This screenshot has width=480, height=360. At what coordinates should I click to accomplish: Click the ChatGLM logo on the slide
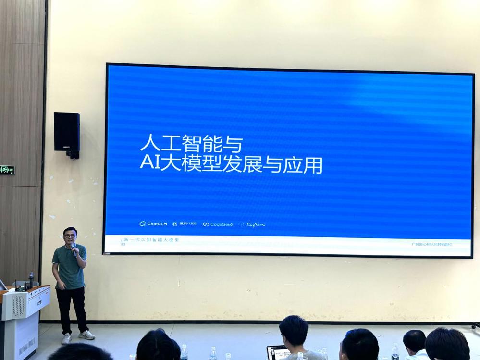pyautogui.click(x=153, y=224)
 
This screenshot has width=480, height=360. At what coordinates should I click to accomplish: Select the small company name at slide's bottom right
pyautogui.click(x=432, y=244)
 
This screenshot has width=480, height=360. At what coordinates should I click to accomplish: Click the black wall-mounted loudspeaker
pyautogui.click(x=67, y=133)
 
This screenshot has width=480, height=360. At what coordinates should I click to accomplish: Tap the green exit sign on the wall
pyautogui.click(x=7, y=170)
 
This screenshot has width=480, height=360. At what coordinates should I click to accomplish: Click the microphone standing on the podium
pyautogui.click(x=31, y=279)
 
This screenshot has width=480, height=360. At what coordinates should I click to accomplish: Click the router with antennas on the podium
pyautogui.click(x=21, y=286)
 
